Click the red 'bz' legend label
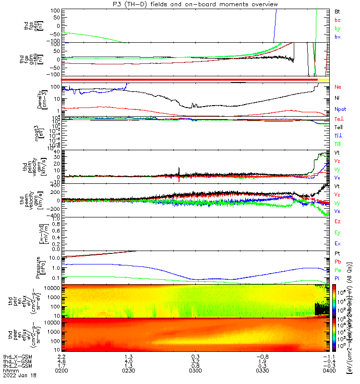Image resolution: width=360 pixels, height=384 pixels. click(337, 20)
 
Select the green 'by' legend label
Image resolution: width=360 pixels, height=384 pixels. click(337, 28)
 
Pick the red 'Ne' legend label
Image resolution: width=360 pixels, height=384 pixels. click(337, 87)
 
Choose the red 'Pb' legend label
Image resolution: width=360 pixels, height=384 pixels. click(337, 262)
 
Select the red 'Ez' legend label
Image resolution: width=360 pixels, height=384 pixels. click(337, 221)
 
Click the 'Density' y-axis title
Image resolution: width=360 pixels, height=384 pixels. click(42, 99)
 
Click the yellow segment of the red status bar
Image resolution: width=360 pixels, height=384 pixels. click(323, 79)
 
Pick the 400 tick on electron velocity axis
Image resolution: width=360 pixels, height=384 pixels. click(56, 185)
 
